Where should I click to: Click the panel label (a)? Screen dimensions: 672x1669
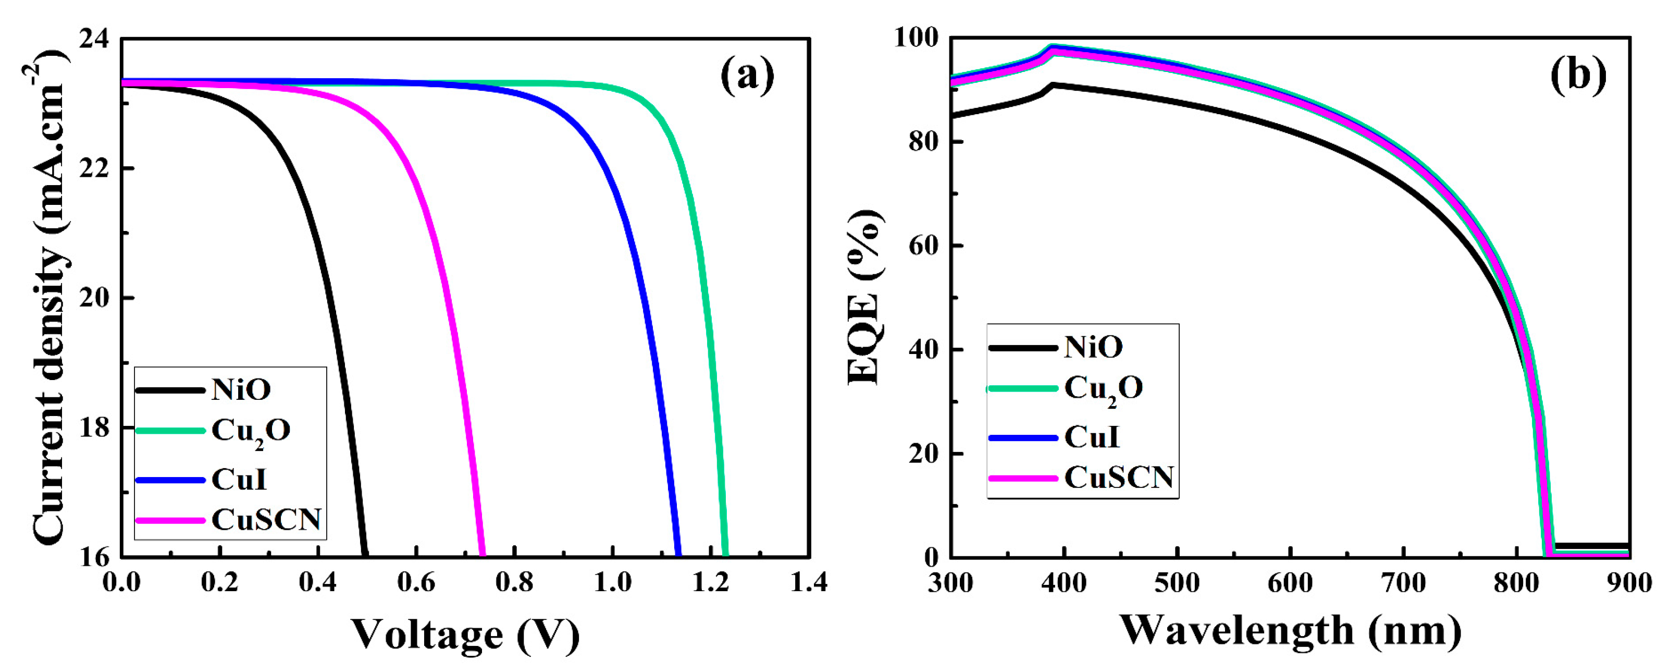(x=747, y=75)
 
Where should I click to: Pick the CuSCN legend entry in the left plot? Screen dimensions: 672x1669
(x=266, y=519)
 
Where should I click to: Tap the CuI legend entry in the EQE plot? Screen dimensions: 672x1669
(x=1092, y=437)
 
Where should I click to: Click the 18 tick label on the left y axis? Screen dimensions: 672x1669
(x=95, y=427)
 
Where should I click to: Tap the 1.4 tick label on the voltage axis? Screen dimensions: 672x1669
(x=809, y=582)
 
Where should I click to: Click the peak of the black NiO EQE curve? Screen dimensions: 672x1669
(x=1053, y=85)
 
